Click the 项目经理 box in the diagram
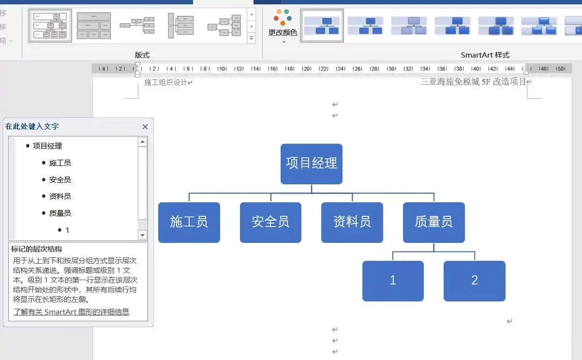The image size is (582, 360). pos(312,164)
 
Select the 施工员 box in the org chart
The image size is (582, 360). pos(189,222)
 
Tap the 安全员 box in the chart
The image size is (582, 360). pos(270,222)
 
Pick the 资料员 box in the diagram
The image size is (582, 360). pos(352,222)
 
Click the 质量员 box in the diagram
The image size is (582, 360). pos(433,222)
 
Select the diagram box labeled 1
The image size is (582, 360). pos(393,281)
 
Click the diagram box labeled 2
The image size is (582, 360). pos(474,281)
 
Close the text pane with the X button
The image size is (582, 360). pos(145,127)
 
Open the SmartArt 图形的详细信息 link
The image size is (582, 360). pos(72,312)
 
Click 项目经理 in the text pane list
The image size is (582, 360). pos(47,146)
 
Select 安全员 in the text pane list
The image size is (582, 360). pos(60,180)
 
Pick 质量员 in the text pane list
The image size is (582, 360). pos(60,213)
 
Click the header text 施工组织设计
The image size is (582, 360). pos(165,83)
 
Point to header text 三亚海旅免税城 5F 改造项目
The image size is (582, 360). pos(473,82)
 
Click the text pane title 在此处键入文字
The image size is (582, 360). pos(32,127)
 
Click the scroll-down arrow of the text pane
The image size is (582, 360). pos(143,235)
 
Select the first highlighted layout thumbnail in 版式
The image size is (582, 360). pos(50,26)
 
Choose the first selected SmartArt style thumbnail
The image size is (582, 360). pos(322,26)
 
